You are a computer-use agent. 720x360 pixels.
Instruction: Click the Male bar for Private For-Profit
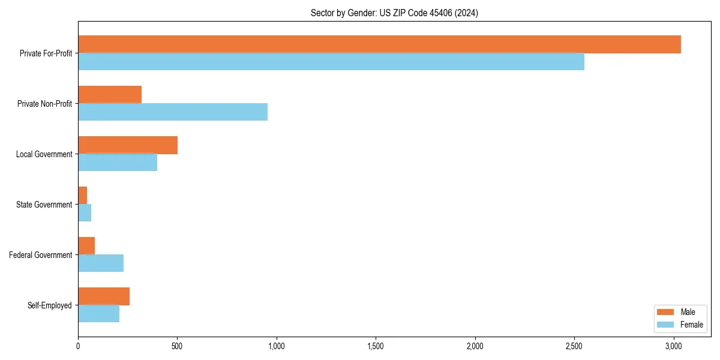coord(379,44)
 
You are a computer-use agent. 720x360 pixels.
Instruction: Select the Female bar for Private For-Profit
coord(331,62)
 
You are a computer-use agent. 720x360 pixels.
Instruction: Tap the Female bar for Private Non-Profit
coord(173,112)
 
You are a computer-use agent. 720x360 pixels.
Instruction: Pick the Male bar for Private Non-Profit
coord(110,95)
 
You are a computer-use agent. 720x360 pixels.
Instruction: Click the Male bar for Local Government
coord(128,145)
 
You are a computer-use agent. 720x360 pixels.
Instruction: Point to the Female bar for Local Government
coord(118,163)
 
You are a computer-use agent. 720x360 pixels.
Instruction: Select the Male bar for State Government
coord(83,196)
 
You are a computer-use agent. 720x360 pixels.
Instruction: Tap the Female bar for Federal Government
coord(101,263)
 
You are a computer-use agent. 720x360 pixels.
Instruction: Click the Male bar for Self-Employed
coord(104,296)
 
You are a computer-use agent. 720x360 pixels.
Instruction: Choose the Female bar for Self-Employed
coord(99,314)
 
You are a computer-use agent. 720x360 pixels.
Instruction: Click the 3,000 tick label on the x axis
coord(673,346)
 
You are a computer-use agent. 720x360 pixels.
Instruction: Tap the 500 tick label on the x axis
coord(177,346)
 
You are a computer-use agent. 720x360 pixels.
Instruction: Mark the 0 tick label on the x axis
coord(78,346)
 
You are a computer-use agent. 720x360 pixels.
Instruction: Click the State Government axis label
coord(44,205)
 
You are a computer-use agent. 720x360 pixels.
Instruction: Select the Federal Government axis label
coord(41,255)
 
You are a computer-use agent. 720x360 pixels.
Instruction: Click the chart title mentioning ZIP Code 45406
coord(394,13)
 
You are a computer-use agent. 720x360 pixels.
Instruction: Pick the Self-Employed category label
coord(49,305)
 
